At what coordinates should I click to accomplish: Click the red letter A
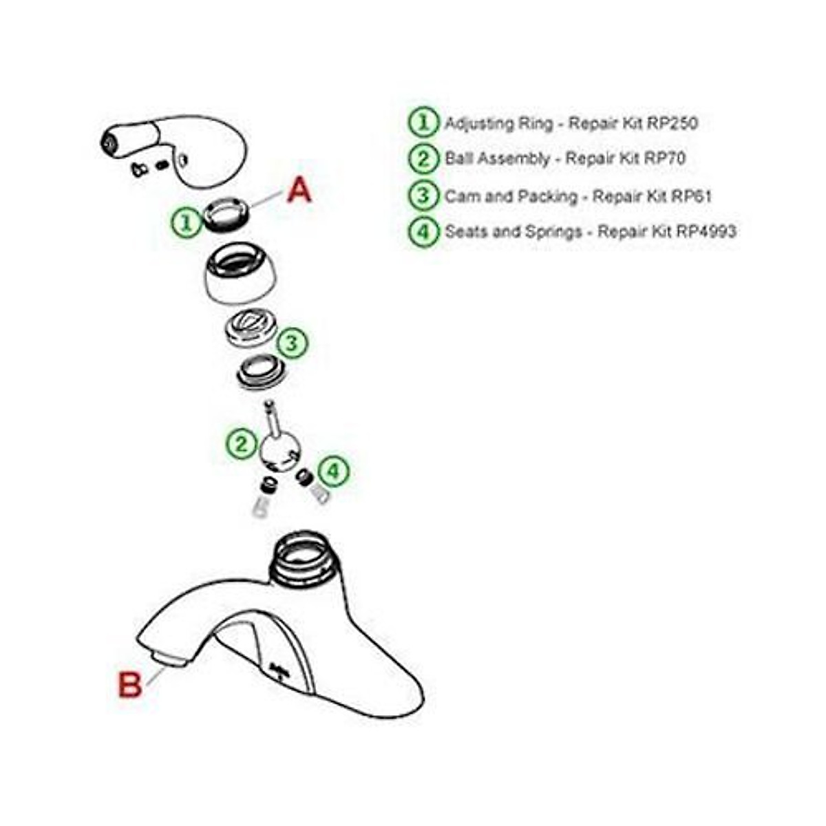point(299,189)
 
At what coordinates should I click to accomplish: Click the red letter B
point(130,684)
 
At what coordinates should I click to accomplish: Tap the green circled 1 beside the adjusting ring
point(185,222)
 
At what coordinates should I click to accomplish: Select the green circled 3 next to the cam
point(292,342)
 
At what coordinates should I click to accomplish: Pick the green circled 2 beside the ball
point(241,443)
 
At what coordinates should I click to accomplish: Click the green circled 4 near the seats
point(333,472)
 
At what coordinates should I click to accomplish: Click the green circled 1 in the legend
point(423,123)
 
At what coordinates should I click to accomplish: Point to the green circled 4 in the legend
point(423,231)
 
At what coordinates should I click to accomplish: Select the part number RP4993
point(706,231)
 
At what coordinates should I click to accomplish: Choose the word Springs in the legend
point(553,231)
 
